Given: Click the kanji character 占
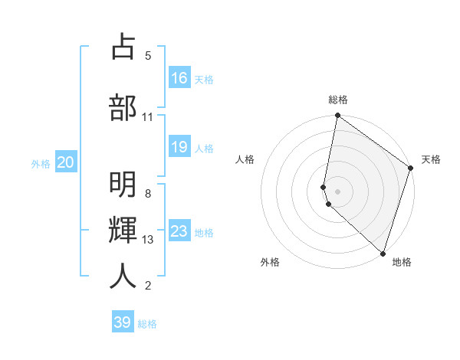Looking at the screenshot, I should (x=123, y=47).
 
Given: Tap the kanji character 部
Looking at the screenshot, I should (x=123, y=106).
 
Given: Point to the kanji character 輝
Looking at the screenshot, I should (x=123, y=231).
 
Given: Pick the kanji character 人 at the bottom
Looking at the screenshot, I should (x=123, y=277).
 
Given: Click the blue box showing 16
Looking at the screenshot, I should (x=179, y=77).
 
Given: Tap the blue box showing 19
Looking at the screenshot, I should (x=179, y=147).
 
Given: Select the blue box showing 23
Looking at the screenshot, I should (x=179, y=231).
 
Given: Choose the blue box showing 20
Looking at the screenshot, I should (x=66, y=162).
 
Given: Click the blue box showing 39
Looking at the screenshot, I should (x=123, y=322).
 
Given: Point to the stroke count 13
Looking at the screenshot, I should (x=148, y=240).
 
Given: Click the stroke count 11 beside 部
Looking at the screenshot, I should (x=148, y=116).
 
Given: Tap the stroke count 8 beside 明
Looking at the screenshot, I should (x=148, y=194).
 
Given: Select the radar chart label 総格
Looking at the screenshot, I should (x=338, y=100).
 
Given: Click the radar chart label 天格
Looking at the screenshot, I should (x=431, y=159).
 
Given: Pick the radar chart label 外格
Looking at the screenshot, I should (x=270, y=262).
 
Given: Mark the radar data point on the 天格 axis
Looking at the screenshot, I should (x=410, y=168).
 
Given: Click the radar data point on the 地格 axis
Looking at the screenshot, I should (x=383, y=253).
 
